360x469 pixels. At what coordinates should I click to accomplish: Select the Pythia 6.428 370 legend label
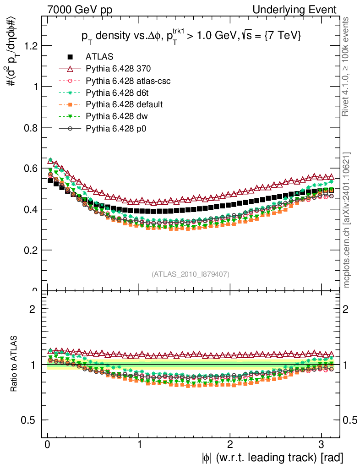(x=118, y=69)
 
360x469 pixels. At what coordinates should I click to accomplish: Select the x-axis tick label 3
(x=322, y=444)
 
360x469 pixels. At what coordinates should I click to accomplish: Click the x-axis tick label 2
(x=230, y=444)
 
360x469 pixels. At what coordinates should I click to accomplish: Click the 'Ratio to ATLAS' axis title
(x=14, y=364)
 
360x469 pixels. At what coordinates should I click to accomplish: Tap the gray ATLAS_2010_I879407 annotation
(x=191, y=274)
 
